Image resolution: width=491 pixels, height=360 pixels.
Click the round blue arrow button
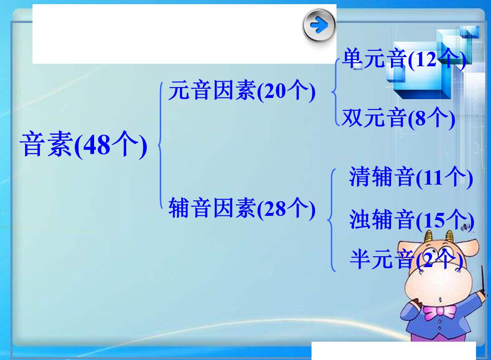click(319, 26)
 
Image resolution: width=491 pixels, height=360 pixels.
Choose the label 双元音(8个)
click(398, 119)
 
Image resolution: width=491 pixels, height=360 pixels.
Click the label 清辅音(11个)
click(411, 178)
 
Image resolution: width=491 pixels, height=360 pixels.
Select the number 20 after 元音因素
click(274, 92)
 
